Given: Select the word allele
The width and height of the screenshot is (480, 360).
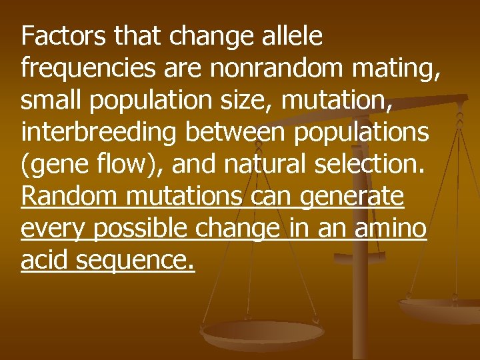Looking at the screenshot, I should click(289, 36).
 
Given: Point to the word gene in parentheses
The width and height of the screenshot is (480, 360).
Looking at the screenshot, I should click(57, 165).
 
